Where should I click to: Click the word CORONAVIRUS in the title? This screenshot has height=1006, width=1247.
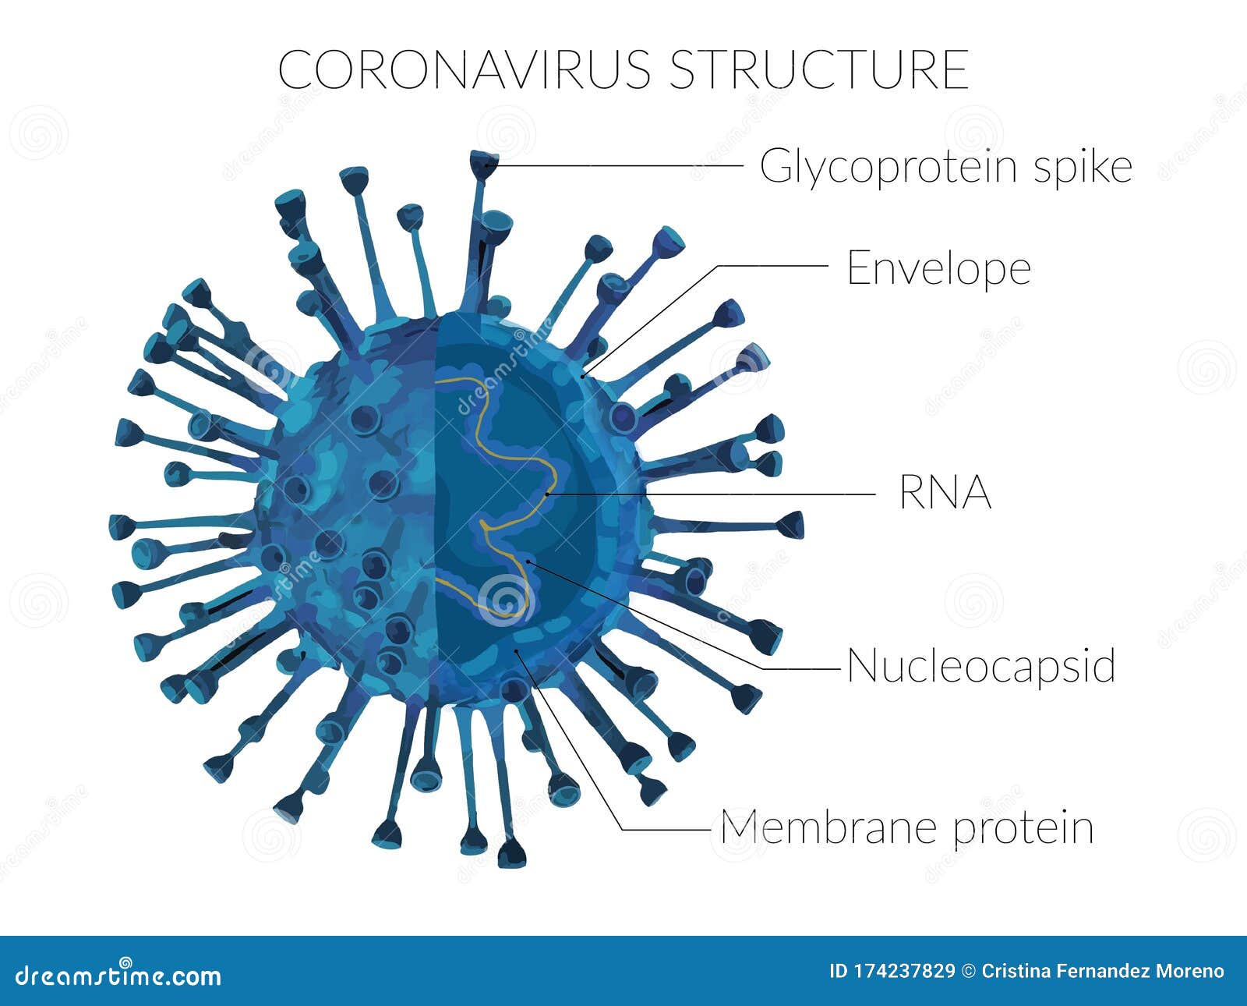pos(464,70)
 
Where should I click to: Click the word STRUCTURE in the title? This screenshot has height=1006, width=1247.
pos(818,70)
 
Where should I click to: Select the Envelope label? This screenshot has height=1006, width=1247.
pos(938,268)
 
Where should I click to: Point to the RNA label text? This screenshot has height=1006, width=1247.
pos(945,493)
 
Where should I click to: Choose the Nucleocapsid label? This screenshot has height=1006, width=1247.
pos(980,667)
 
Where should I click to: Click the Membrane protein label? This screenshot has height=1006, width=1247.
pos(906,827)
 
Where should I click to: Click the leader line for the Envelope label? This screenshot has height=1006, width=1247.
pos(772,266)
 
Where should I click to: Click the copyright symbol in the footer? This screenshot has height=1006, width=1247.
pos(969,972)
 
